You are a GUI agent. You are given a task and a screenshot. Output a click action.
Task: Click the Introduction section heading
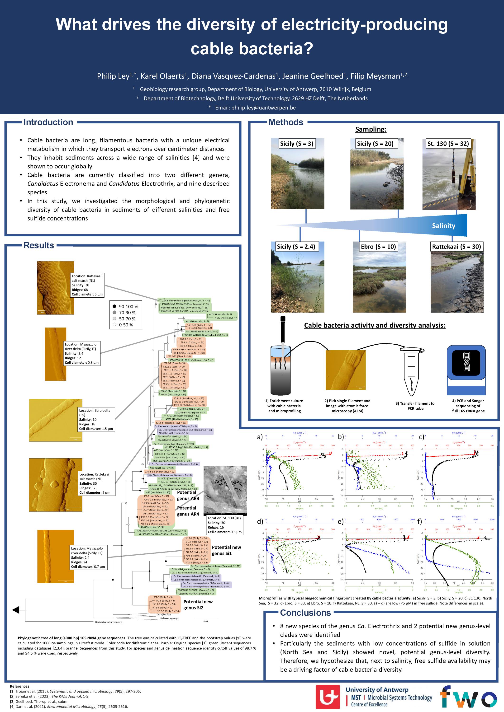(x=48, y=122)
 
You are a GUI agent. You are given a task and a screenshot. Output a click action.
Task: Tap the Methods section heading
(x=285, y=122)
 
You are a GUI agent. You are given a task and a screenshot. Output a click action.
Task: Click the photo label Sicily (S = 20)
(x=375, y=144)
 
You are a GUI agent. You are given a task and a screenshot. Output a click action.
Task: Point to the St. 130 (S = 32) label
(x=448, y=144)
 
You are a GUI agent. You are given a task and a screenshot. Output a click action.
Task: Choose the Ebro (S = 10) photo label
(x=378, y=247)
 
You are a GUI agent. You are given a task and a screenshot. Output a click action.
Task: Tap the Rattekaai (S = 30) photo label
(x=456, y=247)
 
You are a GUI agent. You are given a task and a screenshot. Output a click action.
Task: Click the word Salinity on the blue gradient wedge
(x=443, y=226)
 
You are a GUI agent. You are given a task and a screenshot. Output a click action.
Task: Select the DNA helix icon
(x=466, y=362)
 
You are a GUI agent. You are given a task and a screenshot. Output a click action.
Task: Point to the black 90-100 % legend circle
(x=114, y=306)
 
